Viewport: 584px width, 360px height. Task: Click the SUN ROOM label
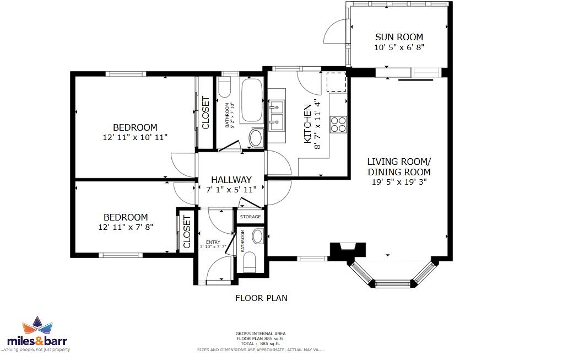click(x=399, y=37)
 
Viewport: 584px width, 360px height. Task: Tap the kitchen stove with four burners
click(x=338, y=125)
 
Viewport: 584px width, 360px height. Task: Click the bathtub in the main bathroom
click(x=252, y=101)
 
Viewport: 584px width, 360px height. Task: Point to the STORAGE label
click(x=250, y=217)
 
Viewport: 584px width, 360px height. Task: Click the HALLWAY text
click(x=231, y=180)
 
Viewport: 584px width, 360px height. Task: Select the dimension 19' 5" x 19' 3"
click(x=399, y=181)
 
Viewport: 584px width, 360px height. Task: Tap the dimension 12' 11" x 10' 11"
click(x=135, y=137)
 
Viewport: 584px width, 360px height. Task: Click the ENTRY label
click(x=213, y=242)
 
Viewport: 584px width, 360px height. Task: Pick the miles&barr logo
click(x=38, y=334)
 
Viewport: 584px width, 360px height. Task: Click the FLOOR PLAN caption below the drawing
click(x=261, y=298)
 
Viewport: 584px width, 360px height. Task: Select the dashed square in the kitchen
click(x=336, y=82)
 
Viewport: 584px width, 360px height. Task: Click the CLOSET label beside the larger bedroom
click(x=206, y=113)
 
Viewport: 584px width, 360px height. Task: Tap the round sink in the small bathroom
click(x=257, y=237)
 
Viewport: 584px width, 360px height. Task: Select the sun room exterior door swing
click(x=335, y=33)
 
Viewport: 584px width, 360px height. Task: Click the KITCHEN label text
click(x=308, y=124)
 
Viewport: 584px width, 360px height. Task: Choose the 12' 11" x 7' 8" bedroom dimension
click(x=126, y=227)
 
